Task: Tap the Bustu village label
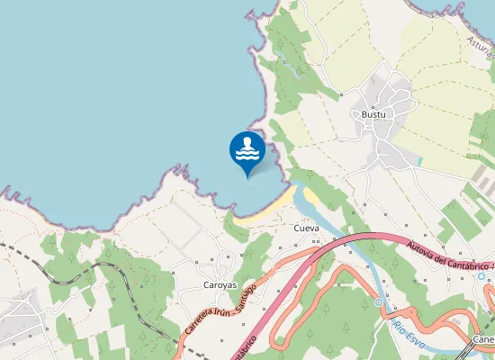[373, 115]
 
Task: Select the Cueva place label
[307, 229]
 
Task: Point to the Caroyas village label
[220, 284]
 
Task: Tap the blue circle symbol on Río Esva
[379, 303]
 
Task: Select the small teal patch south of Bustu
[416, 162]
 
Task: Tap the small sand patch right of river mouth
[310, 195]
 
